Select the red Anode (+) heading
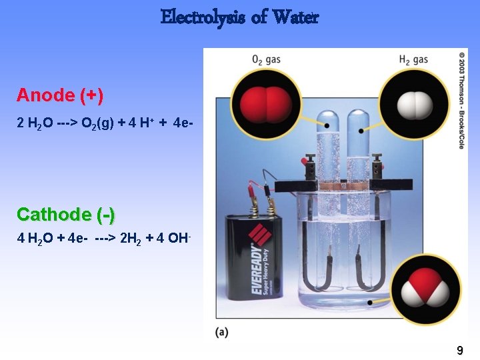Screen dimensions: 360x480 pos(60,95)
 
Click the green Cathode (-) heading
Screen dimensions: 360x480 pos(65,215)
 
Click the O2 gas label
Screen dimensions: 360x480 pos(266,59)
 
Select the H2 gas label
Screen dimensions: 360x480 pos(413,59)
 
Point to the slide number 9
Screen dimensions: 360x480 pos(459,350)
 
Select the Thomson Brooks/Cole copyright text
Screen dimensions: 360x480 pos(462,100)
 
